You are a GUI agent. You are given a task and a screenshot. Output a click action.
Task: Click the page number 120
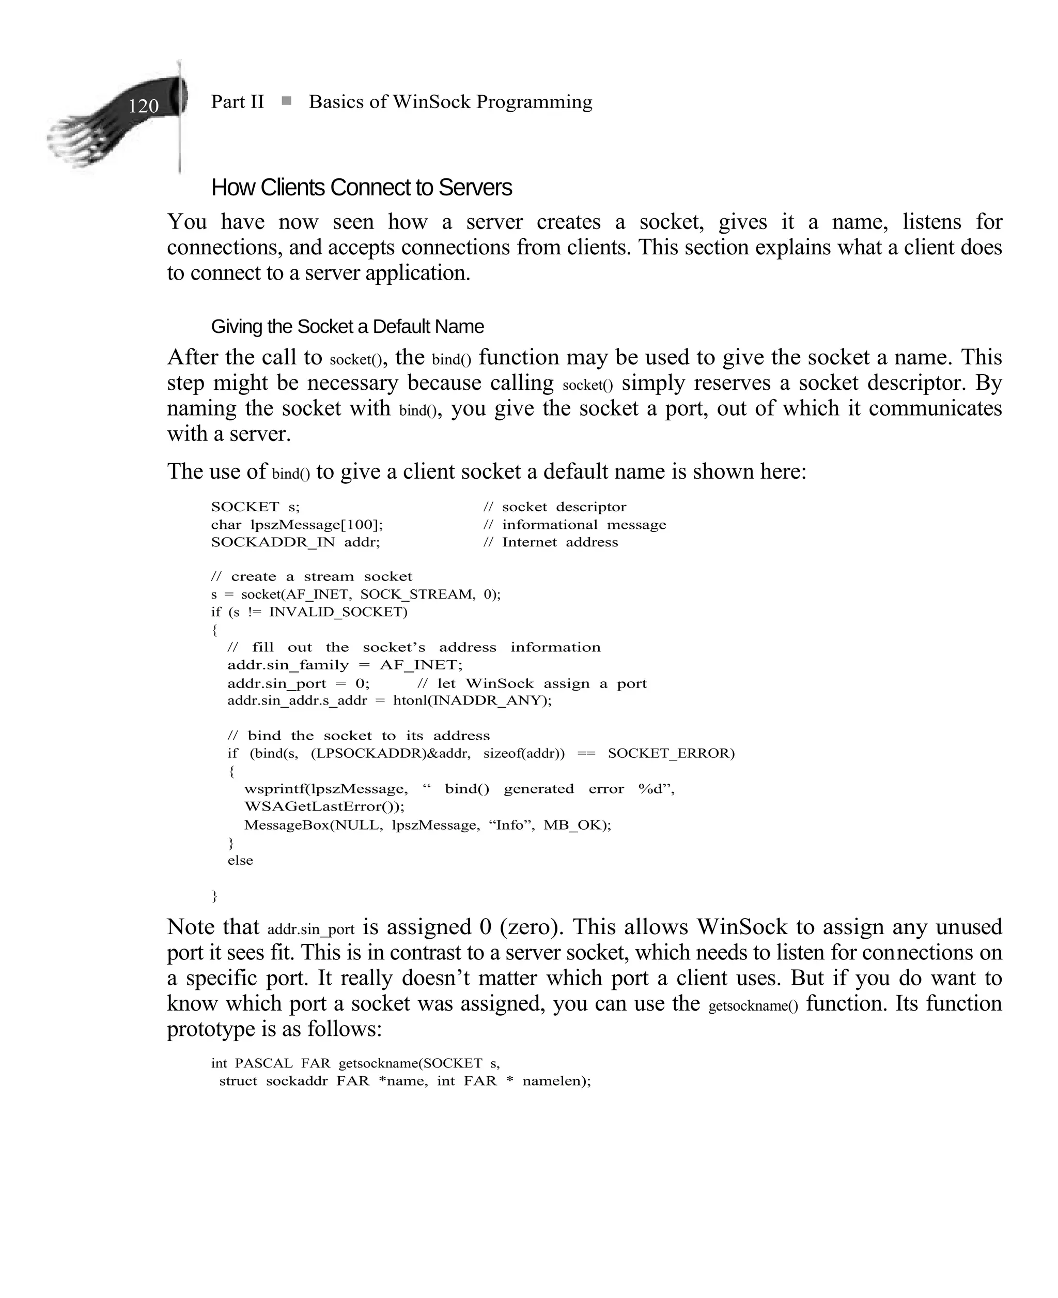point(143,106)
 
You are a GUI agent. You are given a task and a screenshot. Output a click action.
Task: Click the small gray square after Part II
point(286,101)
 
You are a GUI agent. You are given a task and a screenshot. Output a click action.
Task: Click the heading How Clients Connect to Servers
point(362,188)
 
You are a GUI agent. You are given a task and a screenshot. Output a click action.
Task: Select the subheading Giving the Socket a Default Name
point(347,327)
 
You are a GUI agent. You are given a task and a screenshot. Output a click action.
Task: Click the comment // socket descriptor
point(555,507)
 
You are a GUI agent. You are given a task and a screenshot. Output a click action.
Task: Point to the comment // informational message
point(574,524)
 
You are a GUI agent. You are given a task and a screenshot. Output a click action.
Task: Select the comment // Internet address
point(550,542)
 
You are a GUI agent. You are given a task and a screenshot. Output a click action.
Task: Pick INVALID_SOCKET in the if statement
point(338,612)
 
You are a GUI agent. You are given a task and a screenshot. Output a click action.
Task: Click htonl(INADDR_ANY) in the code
point(472,700)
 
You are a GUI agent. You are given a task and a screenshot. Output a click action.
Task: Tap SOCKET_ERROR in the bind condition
point(671,753)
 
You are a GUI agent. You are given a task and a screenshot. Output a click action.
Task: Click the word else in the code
point(240,860)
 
